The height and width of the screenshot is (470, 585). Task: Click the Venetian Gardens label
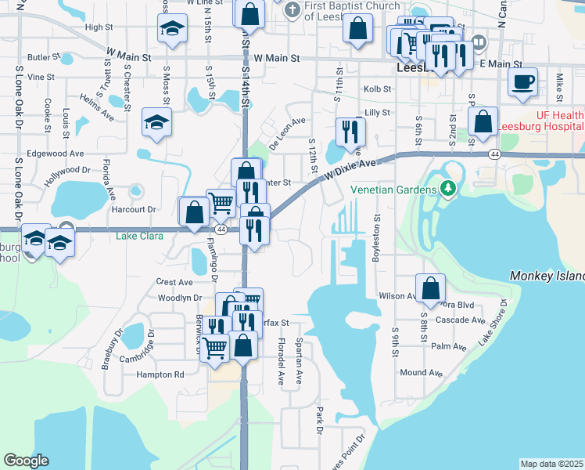pos(393,190)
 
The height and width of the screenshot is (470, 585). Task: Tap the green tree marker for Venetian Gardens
pos(447,189)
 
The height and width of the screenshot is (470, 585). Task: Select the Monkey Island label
pos(547,277)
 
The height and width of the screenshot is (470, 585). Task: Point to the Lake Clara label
pos(139,236)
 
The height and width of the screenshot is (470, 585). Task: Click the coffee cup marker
pos(522,81)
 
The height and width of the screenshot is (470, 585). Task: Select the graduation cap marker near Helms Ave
pos(156,123)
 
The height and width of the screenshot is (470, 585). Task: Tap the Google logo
pos(26,461)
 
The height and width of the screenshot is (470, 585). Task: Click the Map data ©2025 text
pos(551,464)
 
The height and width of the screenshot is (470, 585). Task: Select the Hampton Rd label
pos(160,374)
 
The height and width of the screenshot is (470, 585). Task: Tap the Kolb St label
pos(376,90)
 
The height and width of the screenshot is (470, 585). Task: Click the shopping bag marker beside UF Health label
pos(483,121)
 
